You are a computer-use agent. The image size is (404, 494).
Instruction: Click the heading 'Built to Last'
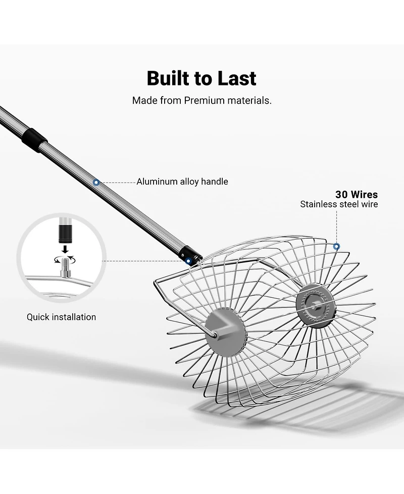click(x=201, y=78)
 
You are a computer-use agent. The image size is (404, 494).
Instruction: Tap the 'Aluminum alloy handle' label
click(x=182, y=182)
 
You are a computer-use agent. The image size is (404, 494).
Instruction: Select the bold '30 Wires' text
click(x=357, y=194)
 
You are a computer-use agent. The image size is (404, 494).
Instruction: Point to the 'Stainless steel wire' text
click(x=339, y=204)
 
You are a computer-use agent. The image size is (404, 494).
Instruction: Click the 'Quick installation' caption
click(x=61, y=317)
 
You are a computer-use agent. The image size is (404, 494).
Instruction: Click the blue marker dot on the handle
click(x=96, y=183)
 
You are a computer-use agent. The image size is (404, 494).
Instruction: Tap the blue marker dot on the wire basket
click(x=336, y=246)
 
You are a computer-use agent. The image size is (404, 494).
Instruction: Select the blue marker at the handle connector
click(x=188, y=261)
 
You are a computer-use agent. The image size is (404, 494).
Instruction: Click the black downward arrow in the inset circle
click(x=65, y=249)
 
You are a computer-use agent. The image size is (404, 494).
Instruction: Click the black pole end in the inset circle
click(x=65, y=233)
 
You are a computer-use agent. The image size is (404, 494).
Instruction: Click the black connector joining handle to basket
click(x=190, y=254)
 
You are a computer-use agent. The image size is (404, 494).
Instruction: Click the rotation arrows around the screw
click(x=65, y=259)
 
